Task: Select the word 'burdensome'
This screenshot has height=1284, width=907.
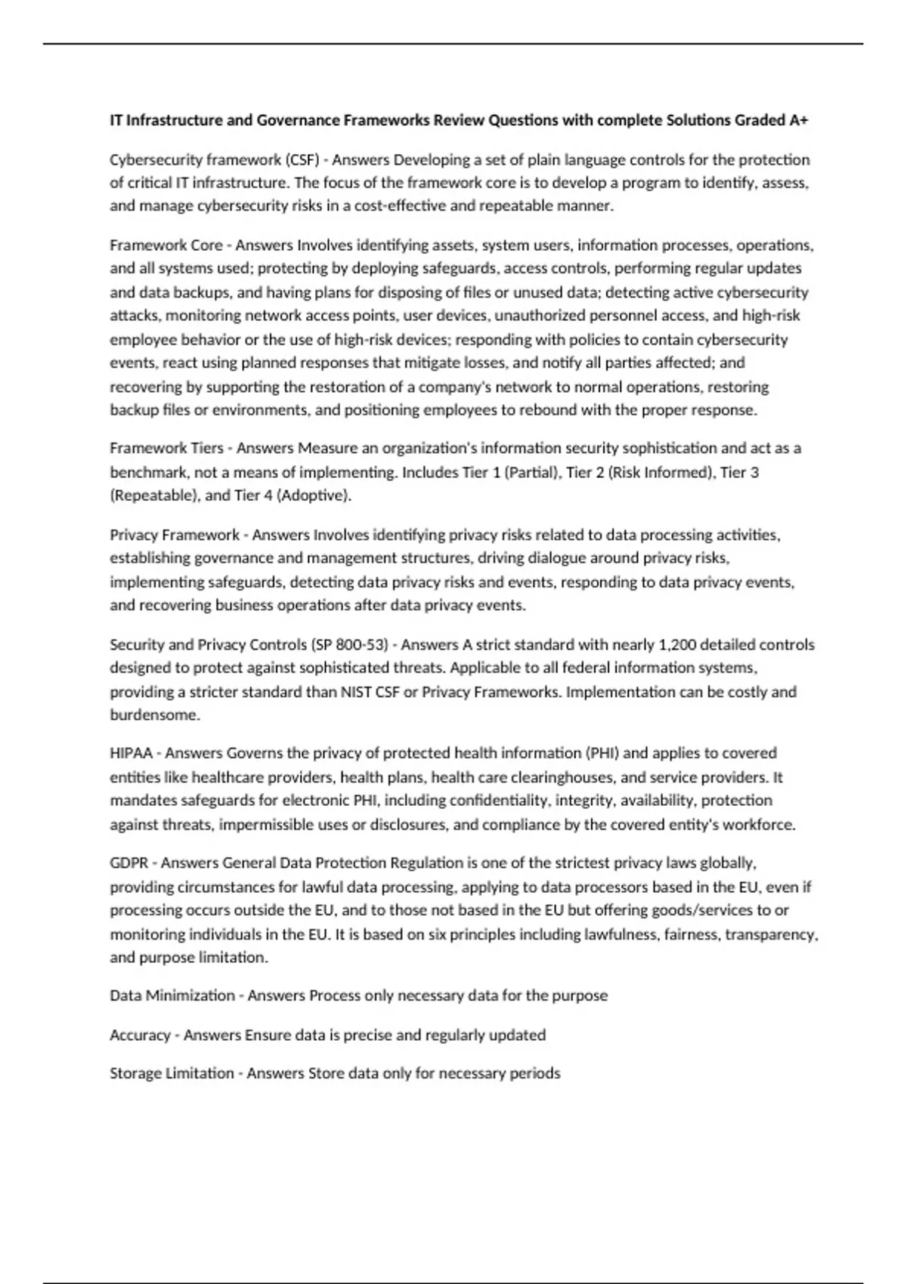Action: (x=153, y=715)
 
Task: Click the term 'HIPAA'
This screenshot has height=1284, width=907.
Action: (x=132, y=753)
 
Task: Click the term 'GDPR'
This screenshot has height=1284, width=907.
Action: (x=129, y=863)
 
